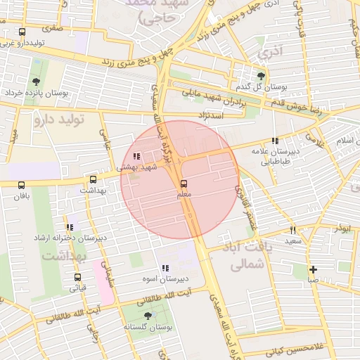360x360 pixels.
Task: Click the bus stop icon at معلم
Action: point(184,184)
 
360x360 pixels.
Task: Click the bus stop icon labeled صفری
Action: point(22,32)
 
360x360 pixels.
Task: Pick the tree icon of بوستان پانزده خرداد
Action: point(36,82)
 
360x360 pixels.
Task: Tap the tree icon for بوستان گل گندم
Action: point(262,76)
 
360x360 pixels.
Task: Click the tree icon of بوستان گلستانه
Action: point(148,316)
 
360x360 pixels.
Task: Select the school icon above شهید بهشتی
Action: point(136,157)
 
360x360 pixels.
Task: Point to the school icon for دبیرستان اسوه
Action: point(165,268)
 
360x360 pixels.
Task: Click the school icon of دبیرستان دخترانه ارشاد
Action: point(69,227)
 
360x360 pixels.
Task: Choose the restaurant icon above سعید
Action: point(293,230)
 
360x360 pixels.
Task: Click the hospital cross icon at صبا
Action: point(313,269)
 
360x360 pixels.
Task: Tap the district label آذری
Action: point(268,53)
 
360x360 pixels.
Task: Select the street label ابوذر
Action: point(342,229)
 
